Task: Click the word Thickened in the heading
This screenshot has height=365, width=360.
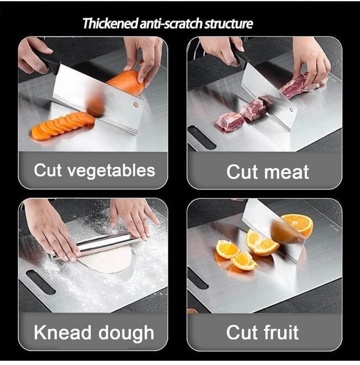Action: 111,24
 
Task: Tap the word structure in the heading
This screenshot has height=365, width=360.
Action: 228,24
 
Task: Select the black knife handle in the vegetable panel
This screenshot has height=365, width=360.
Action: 46,62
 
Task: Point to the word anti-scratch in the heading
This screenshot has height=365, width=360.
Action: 171,24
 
